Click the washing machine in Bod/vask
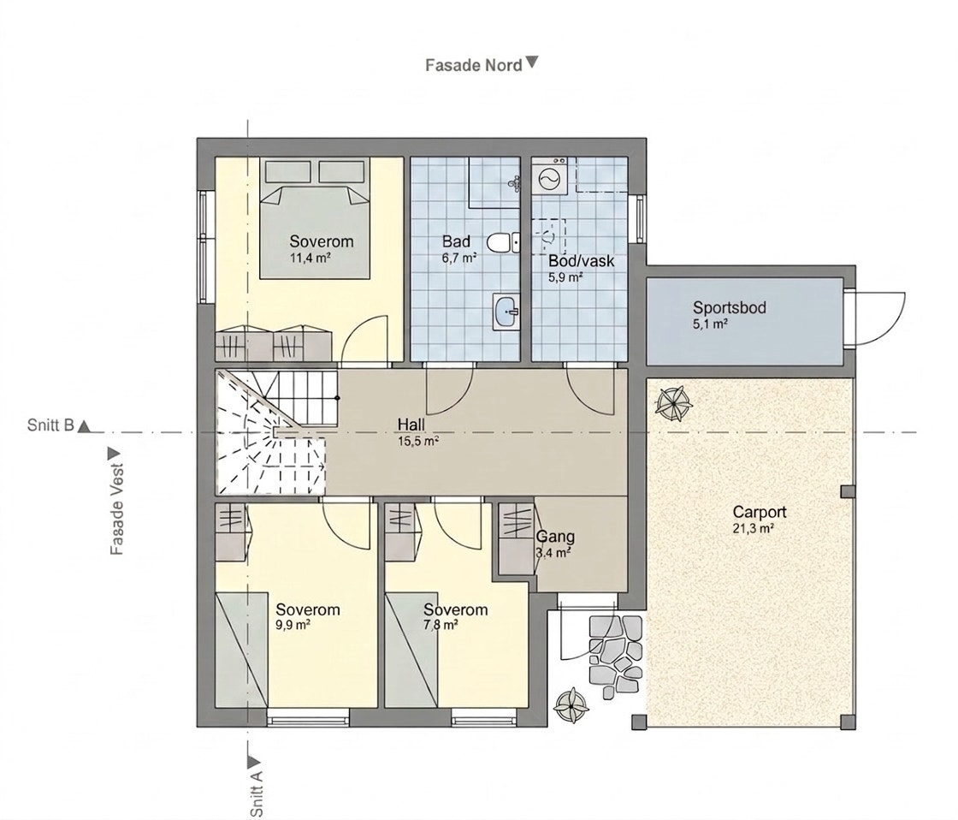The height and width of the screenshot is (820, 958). click(x=548, y=176)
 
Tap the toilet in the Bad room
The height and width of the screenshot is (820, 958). click(x=504, y=242)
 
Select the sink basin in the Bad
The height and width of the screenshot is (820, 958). click(x=506, y=312)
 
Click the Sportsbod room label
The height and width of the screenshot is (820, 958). click(x=729, y=307)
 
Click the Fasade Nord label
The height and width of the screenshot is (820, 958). click(x=474, y=65)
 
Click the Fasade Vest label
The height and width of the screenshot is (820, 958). click(x=116, y=508)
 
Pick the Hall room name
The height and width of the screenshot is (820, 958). click(x=411, y=425)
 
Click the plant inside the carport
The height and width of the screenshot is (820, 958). click(x=672, y=402)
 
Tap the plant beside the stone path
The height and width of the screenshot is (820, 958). click(x=571, y=705)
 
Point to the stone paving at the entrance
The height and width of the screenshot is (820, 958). click(x=615, y=652)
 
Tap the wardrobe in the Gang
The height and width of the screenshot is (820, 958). click(x=517, y=538)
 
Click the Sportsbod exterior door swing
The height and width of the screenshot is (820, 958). click(x=878, y=318)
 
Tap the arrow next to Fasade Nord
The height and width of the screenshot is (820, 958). click(x=532, y=62)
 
